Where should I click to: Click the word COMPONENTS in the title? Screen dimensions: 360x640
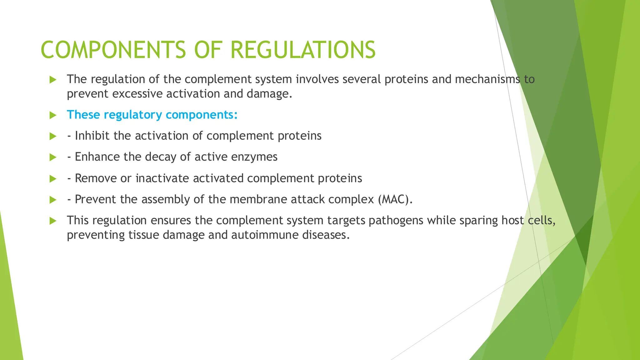[113, 50]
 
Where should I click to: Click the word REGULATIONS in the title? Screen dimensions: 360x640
[303, 50]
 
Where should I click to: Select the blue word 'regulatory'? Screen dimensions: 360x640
[132, 115]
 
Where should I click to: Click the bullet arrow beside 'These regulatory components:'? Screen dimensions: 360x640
[53, 115]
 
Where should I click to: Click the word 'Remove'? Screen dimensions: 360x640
[96, 178]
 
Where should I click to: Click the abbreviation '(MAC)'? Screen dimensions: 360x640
[395, 199]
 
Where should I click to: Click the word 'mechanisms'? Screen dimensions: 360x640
[487, 79]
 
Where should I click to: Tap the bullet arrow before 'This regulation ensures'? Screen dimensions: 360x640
[53, 221]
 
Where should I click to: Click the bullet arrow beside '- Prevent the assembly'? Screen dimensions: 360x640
[53, 200]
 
